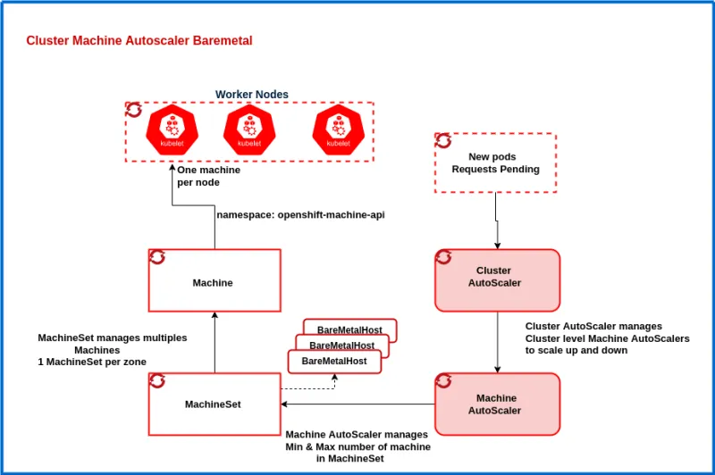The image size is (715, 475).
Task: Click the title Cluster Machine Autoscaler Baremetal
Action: tap(139, 41)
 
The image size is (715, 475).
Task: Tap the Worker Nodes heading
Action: tap(251, 95)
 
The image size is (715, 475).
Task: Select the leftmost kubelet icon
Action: tap(171, 129)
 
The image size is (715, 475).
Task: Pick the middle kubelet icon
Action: tap(248, 129)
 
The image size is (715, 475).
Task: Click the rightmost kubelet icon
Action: tap(338, 129)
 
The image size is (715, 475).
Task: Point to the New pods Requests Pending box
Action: tap(495, 162)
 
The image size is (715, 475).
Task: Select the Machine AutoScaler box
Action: tap(497, 404)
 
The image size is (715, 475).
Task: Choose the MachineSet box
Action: tap(214, 404)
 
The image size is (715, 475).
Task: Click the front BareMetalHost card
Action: tap(334, 361)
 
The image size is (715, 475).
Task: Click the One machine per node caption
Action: tap(198, 176)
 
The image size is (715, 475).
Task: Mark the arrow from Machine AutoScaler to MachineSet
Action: tap(357, 404)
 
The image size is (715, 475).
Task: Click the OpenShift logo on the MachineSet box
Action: tap(157, 381)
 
